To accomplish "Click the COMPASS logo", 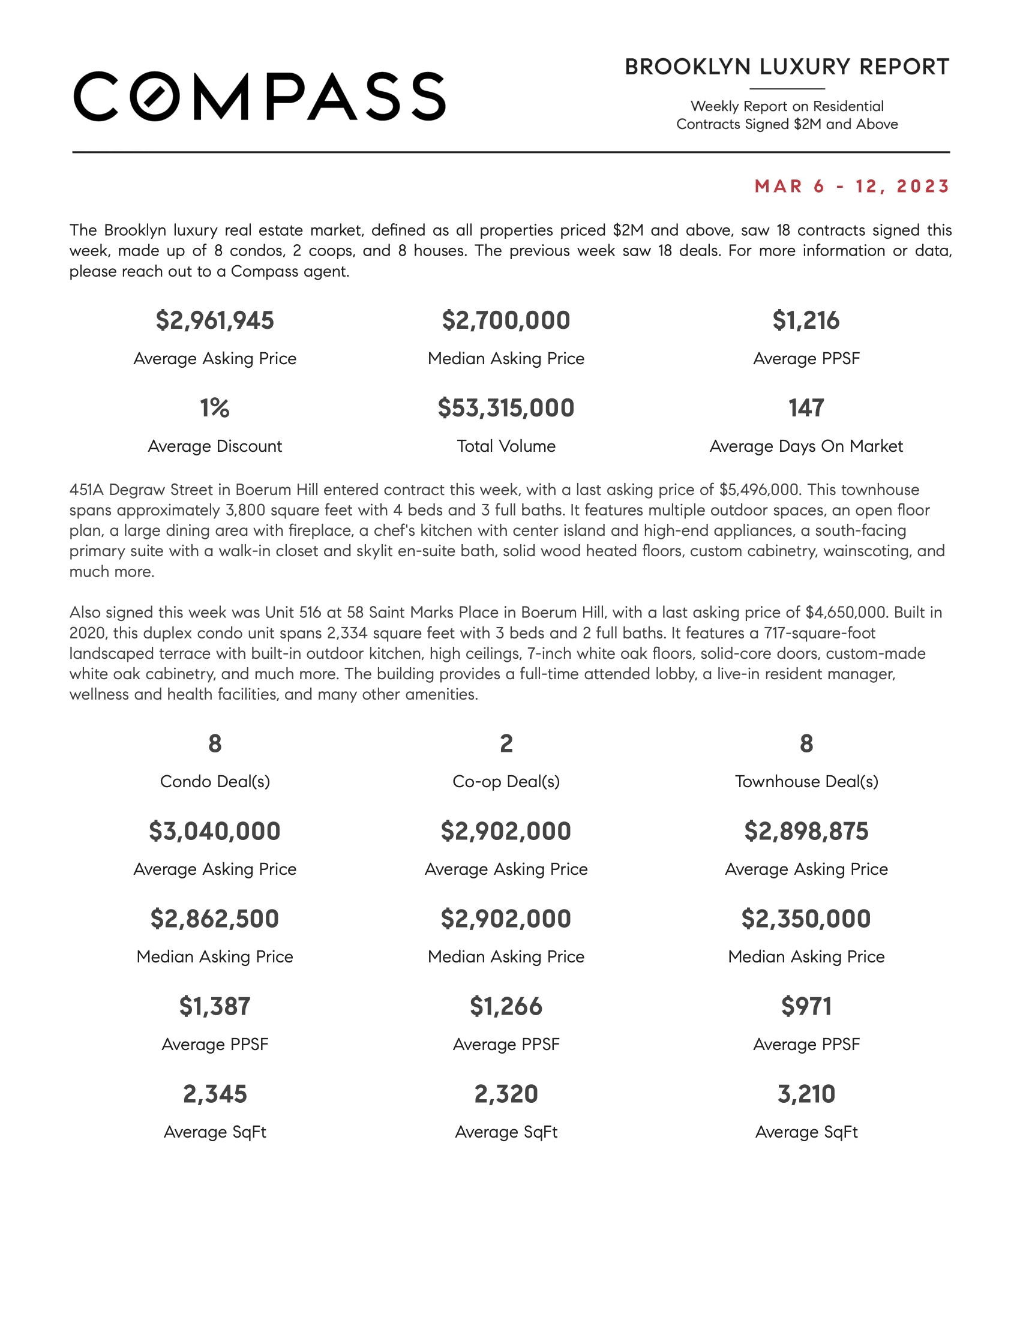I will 259,97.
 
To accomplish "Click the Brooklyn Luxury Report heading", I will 787,67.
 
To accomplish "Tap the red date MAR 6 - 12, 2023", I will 852,186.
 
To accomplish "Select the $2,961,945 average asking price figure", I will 215,320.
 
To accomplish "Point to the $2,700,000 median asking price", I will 506,320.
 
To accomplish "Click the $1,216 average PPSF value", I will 805,320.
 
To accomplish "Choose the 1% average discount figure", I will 215,408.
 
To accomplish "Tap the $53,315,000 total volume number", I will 506,408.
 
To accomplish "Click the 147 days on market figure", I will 805,408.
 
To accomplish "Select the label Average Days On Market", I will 805,446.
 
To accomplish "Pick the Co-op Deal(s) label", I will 506,781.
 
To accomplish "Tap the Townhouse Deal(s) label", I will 806,781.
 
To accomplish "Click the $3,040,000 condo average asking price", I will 215,831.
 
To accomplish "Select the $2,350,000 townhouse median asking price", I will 805,919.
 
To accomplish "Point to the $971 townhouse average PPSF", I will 805,1006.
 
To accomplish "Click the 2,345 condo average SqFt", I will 215,1094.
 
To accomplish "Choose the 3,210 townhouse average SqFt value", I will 805,1094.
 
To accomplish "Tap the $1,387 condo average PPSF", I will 215,1006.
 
